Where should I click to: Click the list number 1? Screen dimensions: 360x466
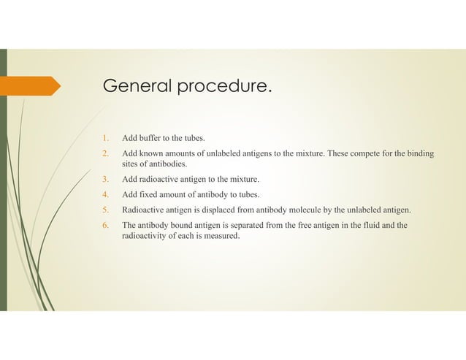106,138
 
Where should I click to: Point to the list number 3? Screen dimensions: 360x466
106,179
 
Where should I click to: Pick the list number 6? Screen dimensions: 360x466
106,224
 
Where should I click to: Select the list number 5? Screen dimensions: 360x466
106,209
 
